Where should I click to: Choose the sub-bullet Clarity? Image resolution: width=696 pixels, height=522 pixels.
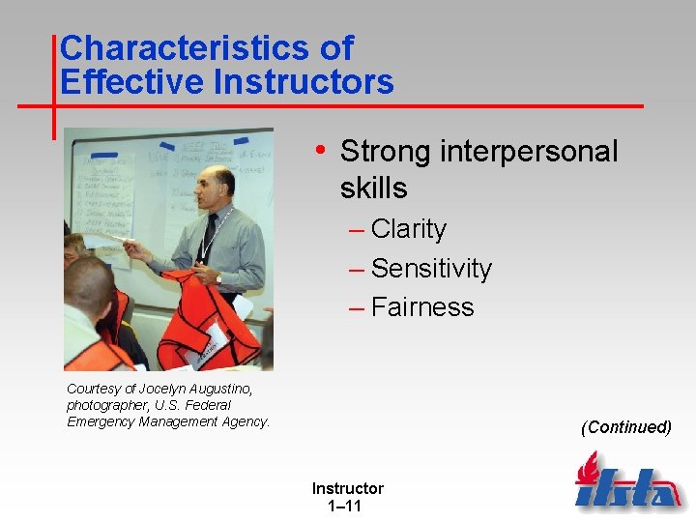pyautogui.click(x=408, y=229)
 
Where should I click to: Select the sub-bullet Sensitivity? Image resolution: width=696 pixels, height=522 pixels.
pyautogui.click(x=431, y=268)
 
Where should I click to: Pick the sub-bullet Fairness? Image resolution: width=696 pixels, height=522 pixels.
pyautogui.click(x=422, y=306)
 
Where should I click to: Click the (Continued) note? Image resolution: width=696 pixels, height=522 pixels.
pyautogui.click(x=625, y=426)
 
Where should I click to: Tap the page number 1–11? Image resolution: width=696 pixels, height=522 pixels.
pyautogui.click(x=347, y=506)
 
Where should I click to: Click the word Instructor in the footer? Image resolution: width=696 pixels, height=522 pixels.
pyautogui.click(x=347, y=488)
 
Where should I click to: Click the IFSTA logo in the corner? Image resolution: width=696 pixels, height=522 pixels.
pyautogui.click(x=626, y=483)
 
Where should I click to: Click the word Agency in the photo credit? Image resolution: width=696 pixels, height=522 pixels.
pyautogui.click(x=246, y=421)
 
